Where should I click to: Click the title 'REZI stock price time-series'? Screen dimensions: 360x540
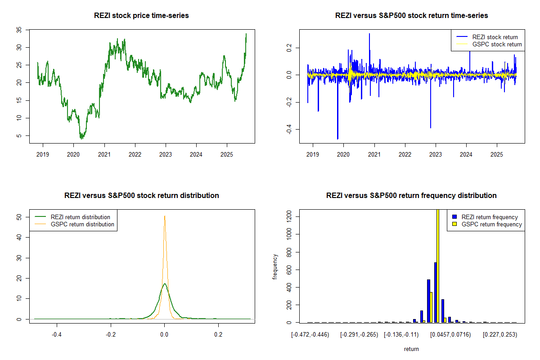[141, 16]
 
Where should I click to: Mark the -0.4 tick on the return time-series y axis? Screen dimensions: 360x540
[289, 130]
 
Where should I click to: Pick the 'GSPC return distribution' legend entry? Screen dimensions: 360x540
[82, 224]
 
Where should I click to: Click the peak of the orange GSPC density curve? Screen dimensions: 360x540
[165, 216]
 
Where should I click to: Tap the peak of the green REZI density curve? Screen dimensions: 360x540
[165, 284]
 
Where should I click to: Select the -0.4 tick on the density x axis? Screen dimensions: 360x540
[57, 335]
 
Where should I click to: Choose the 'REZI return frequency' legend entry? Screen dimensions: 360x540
[490, 217]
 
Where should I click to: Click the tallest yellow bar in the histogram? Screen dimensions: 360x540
[438, 265]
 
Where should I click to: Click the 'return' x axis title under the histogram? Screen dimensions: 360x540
[411, 349]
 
